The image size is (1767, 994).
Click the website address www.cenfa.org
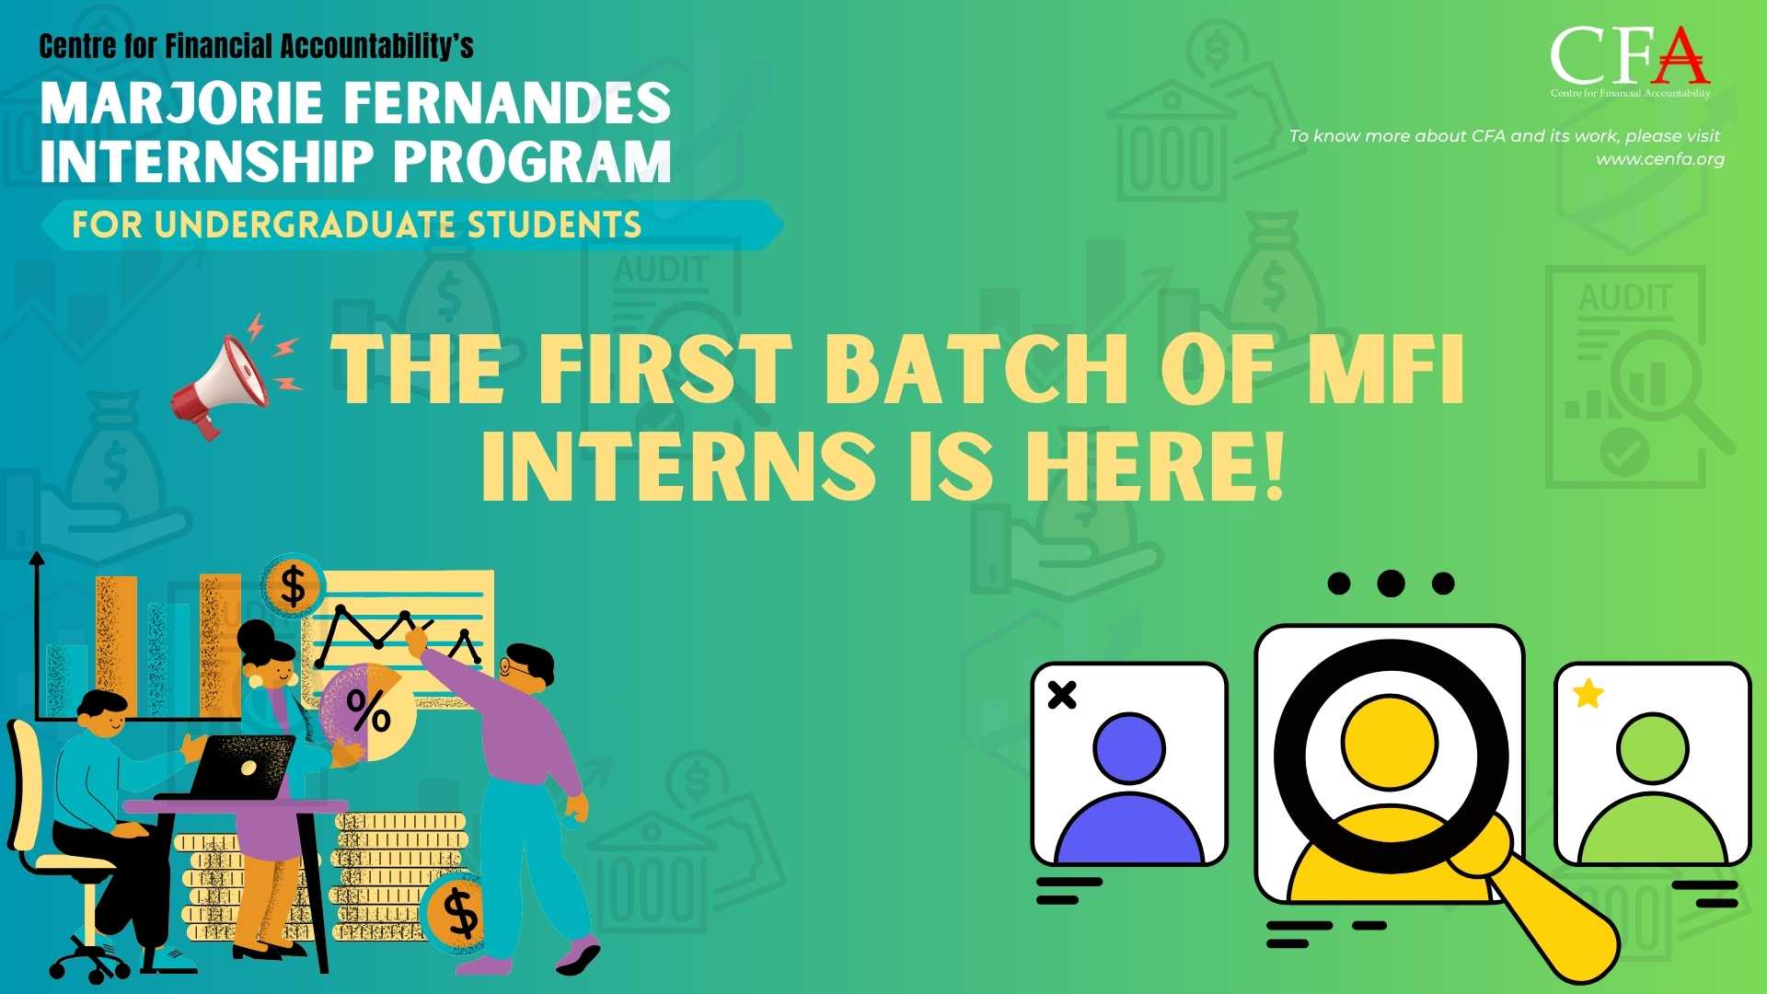(1660, 159)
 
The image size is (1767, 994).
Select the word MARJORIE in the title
(181, 103)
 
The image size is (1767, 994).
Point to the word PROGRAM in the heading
(532, 162)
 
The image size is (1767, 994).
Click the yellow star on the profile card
(1588, 693)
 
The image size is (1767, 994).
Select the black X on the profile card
(1062, 695)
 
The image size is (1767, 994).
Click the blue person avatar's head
(1129, 749)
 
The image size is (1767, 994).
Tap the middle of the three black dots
(1391, 583)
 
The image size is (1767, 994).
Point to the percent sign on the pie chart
(368, 710)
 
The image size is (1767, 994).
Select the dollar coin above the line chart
(293, 586)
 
